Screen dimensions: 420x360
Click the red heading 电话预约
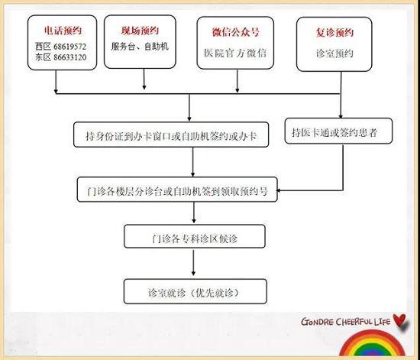tap(63, 31)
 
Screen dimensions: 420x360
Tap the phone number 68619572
tap(70, 47)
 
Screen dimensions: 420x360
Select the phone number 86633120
tap(70, 57)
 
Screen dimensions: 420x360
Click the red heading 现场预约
tap(140, 31)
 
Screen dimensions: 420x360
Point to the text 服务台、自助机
tap(140, 47)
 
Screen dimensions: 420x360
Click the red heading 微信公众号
tap(235, 32)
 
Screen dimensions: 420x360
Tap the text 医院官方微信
tap(235, 53)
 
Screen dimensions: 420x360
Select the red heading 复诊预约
tap(334, 33)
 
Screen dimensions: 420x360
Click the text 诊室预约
tap(334, 54)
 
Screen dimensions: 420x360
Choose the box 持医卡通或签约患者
tap(338, 131)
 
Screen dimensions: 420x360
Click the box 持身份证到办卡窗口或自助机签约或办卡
tap(171, 135)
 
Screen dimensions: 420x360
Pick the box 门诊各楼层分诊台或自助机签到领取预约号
tap(177, 190)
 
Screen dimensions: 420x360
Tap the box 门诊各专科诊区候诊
tap(195, 236)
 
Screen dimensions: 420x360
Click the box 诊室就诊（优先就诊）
tap(195, 291)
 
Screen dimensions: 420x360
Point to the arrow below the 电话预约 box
tap(56, 82)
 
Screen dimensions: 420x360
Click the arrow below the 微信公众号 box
tap(237, 81)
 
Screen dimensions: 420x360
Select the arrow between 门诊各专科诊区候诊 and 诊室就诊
tap(193, 263)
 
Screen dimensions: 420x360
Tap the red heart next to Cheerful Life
tap(401, 320)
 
